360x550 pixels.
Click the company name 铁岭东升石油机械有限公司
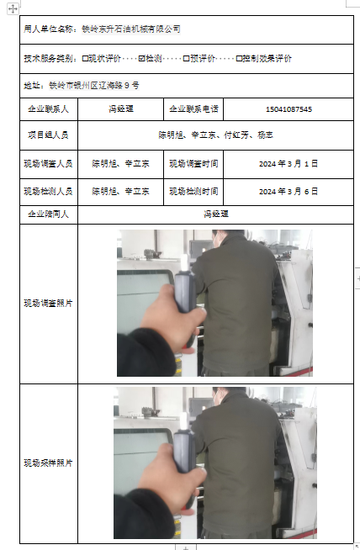click(131, 29)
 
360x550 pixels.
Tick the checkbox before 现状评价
click(85, 59)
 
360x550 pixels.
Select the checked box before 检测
click(141, 59)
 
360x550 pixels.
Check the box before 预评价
click(187, 59)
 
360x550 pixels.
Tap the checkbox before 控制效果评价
click(239, 59)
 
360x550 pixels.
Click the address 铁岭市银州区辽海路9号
click(94, 85)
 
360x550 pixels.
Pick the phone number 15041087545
click(289, 109)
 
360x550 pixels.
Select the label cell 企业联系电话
click(193, 109)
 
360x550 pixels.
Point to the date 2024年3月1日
click(289, 164)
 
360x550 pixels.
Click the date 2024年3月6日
click(289, 192)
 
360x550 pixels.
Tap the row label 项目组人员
click(49, 135)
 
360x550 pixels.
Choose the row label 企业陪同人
click(49, 214)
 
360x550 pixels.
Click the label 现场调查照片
click(49, 303)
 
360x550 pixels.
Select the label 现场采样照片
click(49, 463)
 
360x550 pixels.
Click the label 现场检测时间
click(193, 192)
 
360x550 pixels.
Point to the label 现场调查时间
click(193, 164)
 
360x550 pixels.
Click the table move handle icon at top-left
click(13, 8)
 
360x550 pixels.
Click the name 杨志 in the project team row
click(265, 135)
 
